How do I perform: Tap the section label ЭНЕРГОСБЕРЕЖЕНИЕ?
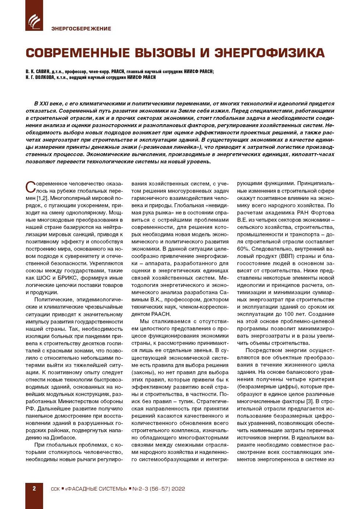[x=81, y=29]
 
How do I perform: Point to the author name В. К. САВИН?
[x=37, y=72]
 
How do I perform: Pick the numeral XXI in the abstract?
[x=44, y=104]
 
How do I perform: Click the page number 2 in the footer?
[x=34, y=489]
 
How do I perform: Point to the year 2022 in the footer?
[x=178, y=489]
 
